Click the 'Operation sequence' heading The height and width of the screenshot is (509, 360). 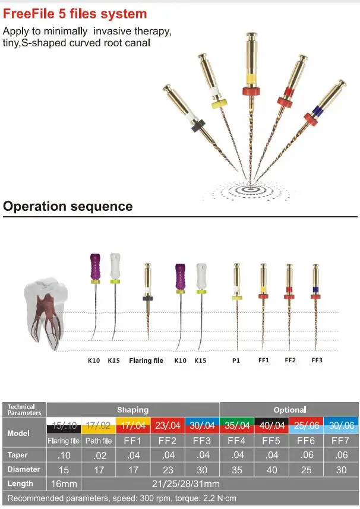click(68, 207)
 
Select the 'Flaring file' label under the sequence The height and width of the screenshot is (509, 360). click(146, 361)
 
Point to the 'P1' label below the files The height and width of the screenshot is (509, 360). click(236, 361)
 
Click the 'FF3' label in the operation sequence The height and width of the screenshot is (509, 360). click(317, 361)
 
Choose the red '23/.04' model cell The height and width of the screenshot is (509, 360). click(168, 425)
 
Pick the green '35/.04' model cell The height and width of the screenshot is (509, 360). click(236, 425)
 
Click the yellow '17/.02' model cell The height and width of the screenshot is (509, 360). click(99, 425)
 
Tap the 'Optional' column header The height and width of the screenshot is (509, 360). click(289, 410)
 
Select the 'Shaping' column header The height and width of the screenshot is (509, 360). click(132, 410)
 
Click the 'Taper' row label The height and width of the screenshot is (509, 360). click(18, 455)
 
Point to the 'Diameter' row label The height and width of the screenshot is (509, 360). click(22, 469)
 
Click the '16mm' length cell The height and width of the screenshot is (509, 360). click(64, 483)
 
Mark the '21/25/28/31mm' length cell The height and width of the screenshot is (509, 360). click(168, 483)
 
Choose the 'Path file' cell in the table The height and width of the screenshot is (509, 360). click(99, 441)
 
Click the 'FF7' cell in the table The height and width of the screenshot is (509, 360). click(341, 441)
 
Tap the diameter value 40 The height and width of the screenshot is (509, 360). click(271, 469)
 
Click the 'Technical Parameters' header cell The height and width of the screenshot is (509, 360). click(24, 410)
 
